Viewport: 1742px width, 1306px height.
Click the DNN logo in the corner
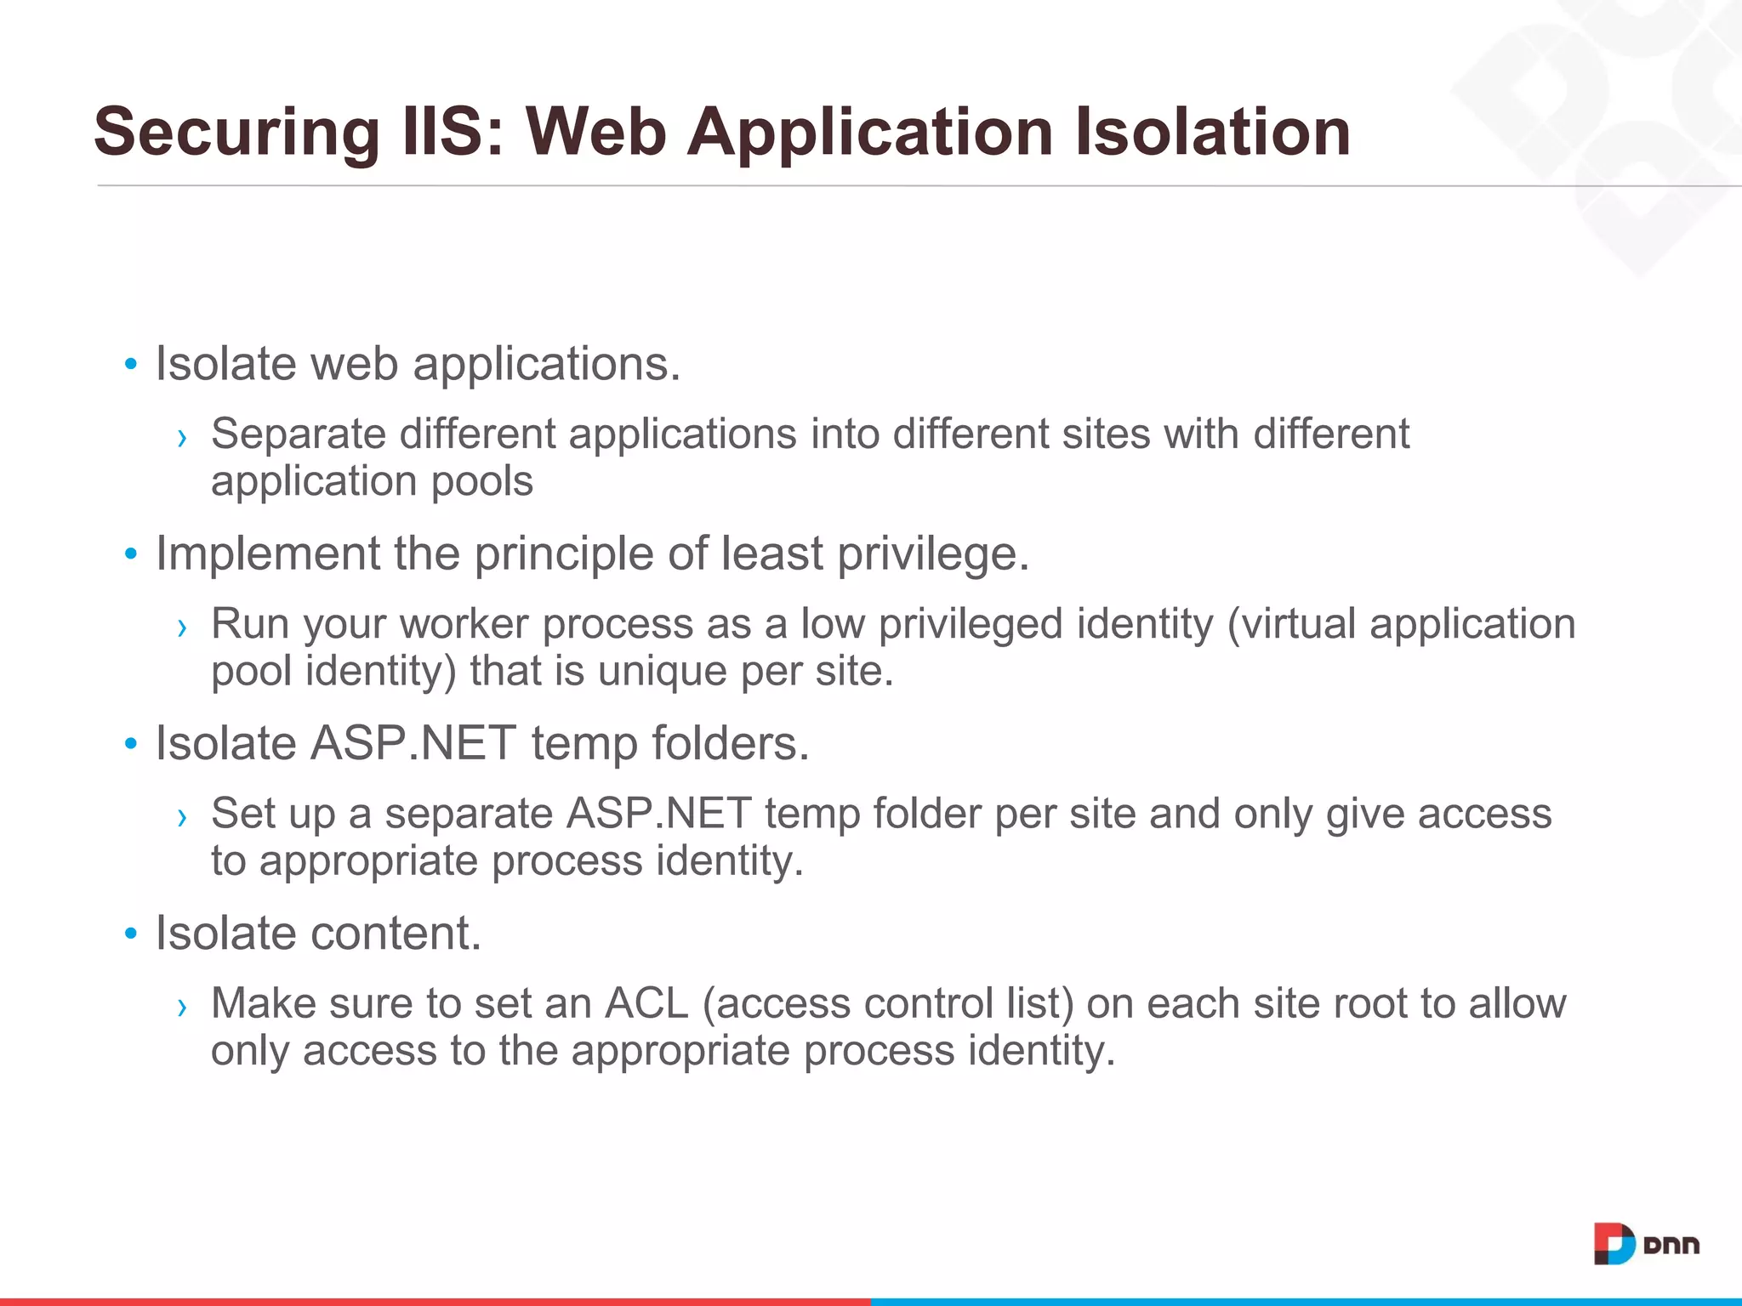1646,1245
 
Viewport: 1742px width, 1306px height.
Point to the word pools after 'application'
482,482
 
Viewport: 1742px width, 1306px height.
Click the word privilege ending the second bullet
932,554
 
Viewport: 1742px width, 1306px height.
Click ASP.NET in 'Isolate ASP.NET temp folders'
413,744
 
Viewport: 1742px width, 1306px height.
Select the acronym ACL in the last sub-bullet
646,1003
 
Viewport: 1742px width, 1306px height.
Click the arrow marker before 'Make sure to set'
181,1008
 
